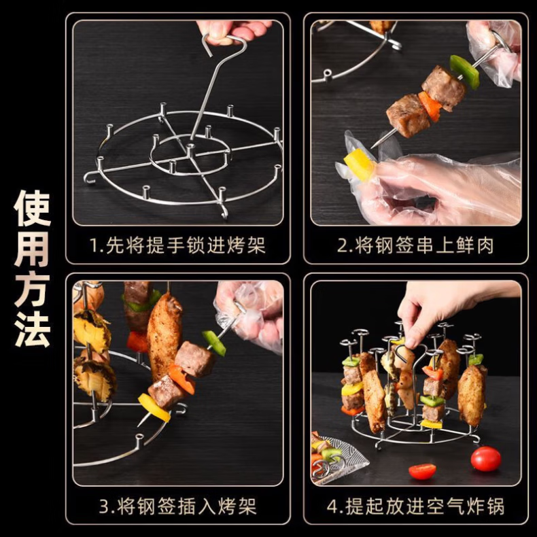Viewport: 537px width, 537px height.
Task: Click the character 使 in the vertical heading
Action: coord(32,208)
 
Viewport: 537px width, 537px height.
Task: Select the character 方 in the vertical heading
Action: coord(32,290)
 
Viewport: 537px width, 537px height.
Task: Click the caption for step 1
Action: coord(177,245)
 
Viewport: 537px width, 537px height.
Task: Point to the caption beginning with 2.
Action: coord(415,245)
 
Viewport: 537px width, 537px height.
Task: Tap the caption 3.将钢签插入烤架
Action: coord(177,506)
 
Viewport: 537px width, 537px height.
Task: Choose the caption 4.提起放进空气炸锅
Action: coord(415,506)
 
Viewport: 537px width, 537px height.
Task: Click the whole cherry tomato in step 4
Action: coord(485,459)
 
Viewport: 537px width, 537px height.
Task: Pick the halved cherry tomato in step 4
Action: coord(422,472)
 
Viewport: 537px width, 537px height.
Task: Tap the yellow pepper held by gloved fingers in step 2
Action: coord(359,164)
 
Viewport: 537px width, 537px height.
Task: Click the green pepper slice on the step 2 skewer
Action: coord(464,72)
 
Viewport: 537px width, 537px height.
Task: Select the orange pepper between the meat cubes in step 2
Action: coord(430,106)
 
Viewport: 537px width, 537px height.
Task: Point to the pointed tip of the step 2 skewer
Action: coord(372,148)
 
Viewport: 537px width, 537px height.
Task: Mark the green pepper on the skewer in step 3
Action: coord(213,343)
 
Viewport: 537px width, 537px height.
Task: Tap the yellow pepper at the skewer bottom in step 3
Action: coord(154,407)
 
